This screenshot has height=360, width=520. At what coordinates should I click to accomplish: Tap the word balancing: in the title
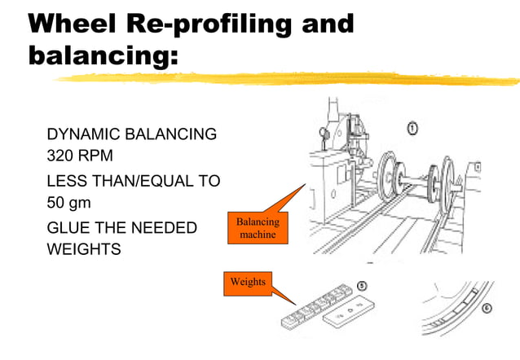[x=102, y=57]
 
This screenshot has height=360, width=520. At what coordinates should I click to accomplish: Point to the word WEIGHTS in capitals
[x=83, y=249]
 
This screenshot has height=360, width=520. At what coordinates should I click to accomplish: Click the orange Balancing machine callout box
[x=258, y=228]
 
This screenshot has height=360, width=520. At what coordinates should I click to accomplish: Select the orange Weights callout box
[x=247, y=282]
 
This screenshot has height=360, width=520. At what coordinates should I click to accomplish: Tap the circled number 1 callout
[x=412, y=128]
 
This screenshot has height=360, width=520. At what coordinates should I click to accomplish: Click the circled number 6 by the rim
[x=487, y=309]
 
